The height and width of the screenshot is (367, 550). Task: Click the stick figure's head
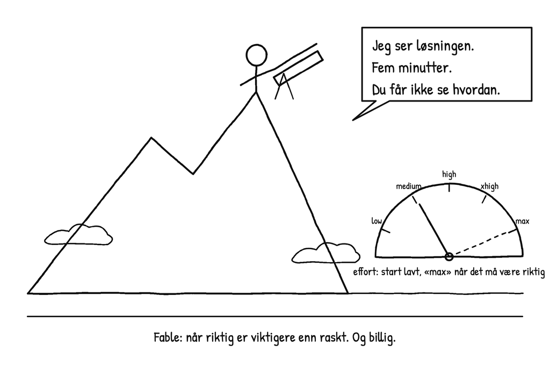(x=256, y=55)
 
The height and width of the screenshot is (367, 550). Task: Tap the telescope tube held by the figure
(x=298, y=68)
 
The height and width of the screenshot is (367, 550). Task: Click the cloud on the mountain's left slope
(x=78, y=234)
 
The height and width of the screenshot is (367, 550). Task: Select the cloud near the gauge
(x=325, y=253)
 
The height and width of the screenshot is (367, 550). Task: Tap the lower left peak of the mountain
(x=151, y=138)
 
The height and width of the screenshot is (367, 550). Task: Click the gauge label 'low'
(x=377, y=221)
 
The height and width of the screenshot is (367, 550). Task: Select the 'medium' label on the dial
(x=408, y=186)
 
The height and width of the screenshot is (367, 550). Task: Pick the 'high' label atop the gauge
(x=449, y=175)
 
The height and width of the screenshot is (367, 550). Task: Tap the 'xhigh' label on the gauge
(x=489, y=186)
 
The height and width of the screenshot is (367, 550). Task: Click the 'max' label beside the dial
(x=522, y=221)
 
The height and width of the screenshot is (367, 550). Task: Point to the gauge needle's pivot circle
(x=449, y=257)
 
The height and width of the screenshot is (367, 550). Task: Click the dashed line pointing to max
(x=483, y=243)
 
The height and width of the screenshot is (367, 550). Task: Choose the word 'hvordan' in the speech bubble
(x=476, y=90)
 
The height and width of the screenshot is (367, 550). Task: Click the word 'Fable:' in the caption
(x=168, y=337)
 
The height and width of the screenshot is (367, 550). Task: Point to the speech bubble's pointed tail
(x=353, y=120)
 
